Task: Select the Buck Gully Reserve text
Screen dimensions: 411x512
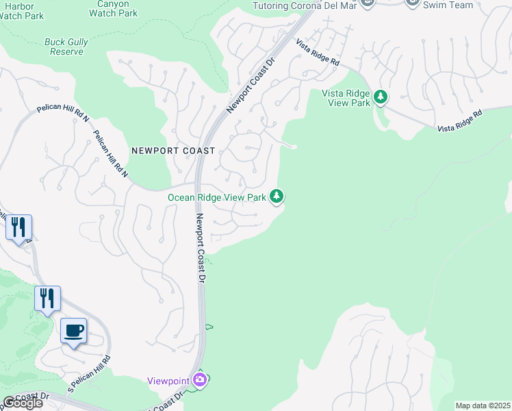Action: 66,47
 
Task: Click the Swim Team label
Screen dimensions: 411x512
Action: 448,5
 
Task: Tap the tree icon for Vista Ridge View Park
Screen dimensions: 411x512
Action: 381,98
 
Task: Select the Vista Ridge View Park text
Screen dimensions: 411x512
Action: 346,98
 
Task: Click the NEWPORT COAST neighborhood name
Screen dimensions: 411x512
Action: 173,151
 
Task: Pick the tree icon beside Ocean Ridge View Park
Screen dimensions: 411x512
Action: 277,197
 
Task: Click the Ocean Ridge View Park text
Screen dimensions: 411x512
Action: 217,197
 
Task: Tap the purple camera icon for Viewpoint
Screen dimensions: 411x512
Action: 199,379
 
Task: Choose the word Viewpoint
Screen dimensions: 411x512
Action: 169,380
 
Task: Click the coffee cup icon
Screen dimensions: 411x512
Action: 74,331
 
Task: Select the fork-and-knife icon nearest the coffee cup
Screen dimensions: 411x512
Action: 47,299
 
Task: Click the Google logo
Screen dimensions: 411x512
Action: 22,403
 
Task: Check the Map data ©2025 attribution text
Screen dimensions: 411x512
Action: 483,406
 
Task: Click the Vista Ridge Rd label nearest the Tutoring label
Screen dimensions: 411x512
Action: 318,52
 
